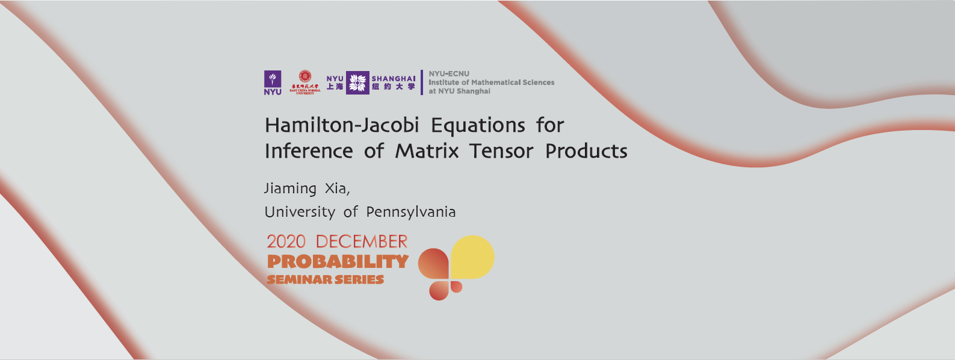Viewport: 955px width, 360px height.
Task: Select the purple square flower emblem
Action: [357, 83]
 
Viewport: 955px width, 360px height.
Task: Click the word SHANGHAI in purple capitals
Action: [394, 78]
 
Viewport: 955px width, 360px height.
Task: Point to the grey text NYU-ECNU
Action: [449, 73]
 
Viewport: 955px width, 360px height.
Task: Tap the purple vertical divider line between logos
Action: [422, 82]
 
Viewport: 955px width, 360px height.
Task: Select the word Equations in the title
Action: [478, 125]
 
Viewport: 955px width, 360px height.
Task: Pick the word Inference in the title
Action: [309, 151]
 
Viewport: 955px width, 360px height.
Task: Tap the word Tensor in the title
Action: [501, 151]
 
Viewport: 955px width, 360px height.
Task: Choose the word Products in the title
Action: [586, 151]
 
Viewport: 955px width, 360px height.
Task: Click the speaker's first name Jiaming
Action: [290, 189]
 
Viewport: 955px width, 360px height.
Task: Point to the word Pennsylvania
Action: [411, 213]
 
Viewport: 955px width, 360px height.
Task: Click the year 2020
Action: [286, 242]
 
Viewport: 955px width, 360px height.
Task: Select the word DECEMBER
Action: [362, 242]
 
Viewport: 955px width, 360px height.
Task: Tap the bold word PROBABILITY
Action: [338, 262]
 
